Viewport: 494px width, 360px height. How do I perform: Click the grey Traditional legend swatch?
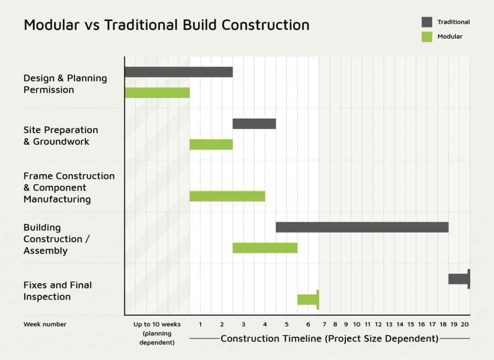click(x=427, y=22)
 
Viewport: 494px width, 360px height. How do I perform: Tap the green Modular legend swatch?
click(x=427, y=37)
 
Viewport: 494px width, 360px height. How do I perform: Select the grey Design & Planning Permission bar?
click(x=178, y=72)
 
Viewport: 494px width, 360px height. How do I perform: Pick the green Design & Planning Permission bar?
click(x=157, y=93)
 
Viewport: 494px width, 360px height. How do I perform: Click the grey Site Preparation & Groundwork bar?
click(x=254, y=124)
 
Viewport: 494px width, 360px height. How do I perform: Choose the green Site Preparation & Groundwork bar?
click(x=211, y=144)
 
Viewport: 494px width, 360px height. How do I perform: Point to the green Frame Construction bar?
click(x=227, y=196)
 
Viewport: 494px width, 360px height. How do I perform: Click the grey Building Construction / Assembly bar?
click(x=362, y=227)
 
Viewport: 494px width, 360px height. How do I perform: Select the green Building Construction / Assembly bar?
click(x=265, y=248)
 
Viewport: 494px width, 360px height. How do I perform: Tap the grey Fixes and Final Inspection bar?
click(x=459, y=279)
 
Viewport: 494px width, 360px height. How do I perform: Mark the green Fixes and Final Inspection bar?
click(x=308, y=300)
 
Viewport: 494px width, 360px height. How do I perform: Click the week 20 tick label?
click(x=465, y=324)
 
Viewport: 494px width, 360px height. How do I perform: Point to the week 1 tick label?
click(x=200, y=324)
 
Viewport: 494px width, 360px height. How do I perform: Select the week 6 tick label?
click(x=308, y=324)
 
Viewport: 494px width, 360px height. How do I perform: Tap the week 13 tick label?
click(x=389, y=324)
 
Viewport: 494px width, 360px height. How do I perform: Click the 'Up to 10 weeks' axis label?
click(x=157, y=324)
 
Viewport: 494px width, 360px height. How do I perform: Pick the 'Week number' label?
click(x=45, y=324)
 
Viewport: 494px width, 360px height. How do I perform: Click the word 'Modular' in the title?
click(x=52, y=25)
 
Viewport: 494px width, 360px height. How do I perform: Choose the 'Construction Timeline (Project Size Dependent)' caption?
click(x=329, y=339)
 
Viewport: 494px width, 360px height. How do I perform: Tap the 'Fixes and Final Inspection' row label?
click(x=58, y=291)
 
